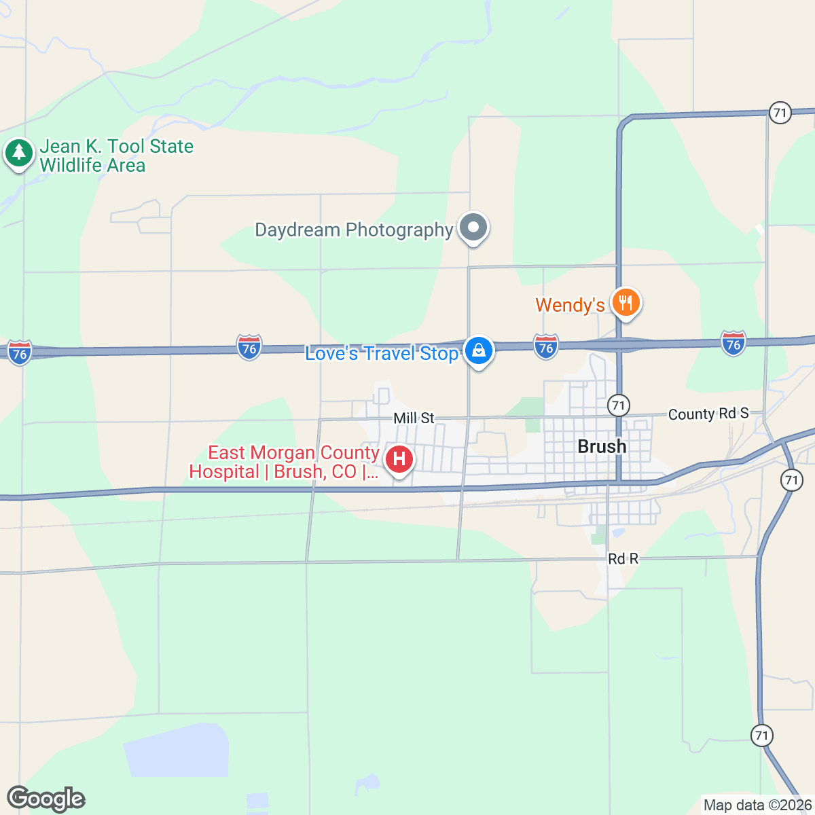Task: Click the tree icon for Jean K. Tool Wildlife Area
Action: tap(19, 153)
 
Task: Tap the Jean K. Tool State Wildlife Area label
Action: tap(116, 156)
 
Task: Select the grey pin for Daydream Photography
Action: tap(473, 228)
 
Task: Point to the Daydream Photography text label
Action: tap(353, 230)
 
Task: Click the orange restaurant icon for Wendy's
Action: tap(626, 302)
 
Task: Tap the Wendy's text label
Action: tap(570, 305)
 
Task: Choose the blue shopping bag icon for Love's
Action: tap(479, 352)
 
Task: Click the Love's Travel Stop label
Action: tap(382, 353)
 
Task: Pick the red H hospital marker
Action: tap(399, 460)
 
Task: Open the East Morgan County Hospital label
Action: tap(284, 462)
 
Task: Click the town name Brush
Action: tap(602, 446)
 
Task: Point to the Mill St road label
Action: tap(414, 418)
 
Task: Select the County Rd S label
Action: tap(708, 414)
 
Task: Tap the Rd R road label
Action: tap(623, 558)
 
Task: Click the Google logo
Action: tap(46, 799)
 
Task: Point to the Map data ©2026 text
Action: tap(757, 805)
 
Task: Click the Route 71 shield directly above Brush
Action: tap(617, 405)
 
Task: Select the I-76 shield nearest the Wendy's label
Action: tap(545, 346)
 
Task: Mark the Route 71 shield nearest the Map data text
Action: tap(762, 735)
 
